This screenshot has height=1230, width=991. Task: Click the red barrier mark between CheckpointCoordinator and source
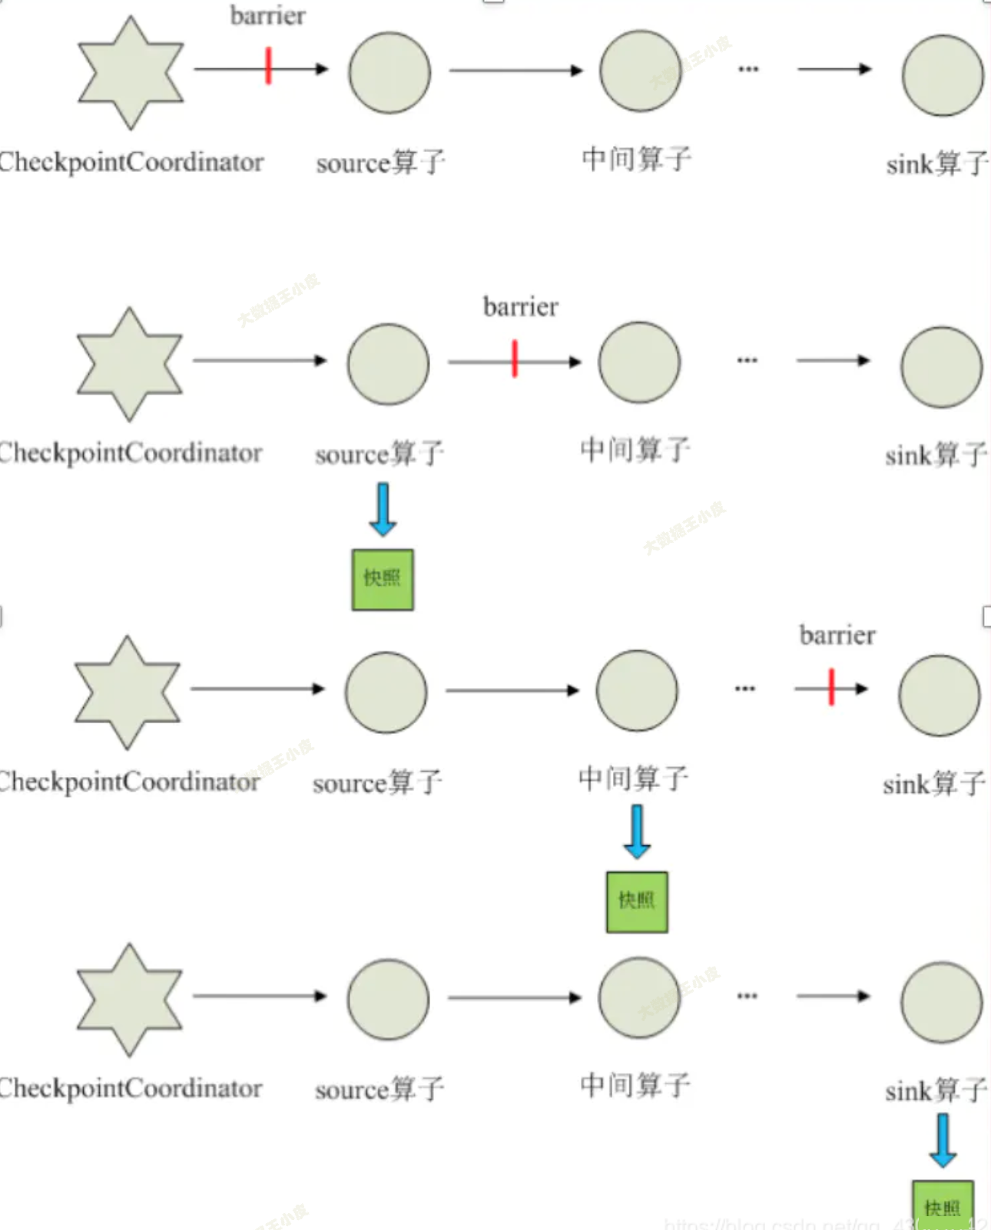[268, 66]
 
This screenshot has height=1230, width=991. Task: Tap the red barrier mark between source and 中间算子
[515, 359]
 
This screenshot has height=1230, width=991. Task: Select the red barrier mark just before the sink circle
[831, 686]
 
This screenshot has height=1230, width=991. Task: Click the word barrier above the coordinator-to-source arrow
[267, 15]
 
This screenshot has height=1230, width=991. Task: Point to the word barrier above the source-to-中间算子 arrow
[520, 306]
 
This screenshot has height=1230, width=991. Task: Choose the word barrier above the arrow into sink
[837, 635]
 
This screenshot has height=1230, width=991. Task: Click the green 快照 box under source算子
[383, 580]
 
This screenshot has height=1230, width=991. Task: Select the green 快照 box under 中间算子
[637, 902]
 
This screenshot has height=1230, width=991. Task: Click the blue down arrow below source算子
[383, 509]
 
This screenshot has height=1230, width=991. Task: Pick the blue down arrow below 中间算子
[637, 832]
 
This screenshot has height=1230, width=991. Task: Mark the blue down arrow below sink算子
[943, 1141]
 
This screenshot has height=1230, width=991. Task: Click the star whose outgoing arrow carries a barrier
[131, 72]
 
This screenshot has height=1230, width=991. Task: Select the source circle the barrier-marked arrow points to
[389, 73]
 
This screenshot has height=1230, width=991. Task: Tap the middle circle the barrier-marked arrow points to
[639, 362]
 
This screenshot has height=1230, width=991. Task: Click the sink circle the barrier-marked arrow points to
[939, 695]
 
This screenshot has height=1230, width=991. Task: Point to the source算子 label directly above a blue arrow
[379, 454]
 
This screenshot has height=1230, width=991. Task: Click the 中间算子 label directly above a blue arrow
[633, 779]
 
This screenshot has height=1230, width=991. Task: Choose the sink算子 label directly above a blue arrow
[936, 1090]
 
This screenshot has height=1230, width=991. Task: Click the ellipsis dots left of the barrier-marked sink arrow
[744, 689]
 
